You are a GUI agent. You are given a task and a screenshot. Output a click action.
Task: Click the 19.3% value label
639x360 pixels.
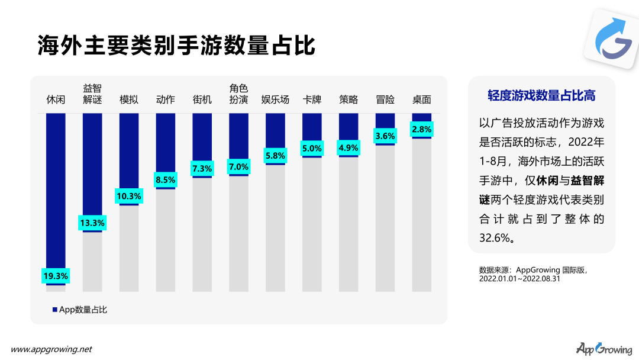[56, 275]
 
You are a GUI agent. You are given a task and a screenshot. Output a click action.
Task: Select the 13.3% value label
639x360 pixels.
[92, 223]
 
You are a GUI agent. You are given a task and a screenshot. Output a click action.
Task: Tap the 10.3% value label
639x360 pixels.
[129, 196]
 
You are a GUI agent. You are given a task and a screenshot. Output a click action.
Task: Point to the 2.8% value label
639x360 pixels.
[422, 129]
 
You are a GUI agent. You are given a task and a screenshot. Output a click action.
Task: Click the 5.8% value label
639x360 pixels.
[275, 156]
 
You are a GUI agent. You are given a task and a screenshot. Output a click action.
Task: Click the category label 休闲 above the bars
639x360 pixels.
[56, 99]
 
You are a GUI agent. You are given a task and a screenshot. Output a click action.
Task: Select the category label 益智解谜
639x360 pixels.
[92, 94]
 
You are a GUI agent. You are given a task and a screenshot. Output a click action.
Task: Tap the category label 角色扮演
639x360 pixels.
[238, 94]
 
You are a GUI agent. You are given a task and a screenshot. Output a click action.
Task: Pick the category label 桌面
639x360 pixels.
[422, 99]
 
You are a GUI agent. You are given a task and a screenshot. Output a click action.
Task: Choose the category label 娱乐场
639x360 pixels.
[275, 99]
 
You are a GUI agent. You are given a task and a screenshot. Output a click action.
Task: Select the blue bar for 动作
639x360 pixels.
[166, 142]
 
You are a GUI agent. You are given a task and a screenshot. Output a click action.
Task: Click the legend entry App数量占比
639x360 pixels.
[80, 309]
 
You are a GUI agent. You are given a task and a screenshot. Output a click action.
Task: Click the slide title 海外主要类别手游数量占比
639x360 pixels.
[176, 46]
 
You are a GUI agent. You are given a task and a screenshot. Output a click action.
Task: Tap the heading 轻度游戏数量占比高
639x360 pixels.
[541, 96]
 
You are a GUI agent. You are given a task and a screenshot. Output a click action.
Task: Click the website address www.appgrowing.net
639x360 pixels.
[51, 349]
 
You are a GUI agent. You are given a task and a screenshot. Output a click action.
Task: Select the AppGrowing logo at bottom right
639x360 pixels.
[603, 349]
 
